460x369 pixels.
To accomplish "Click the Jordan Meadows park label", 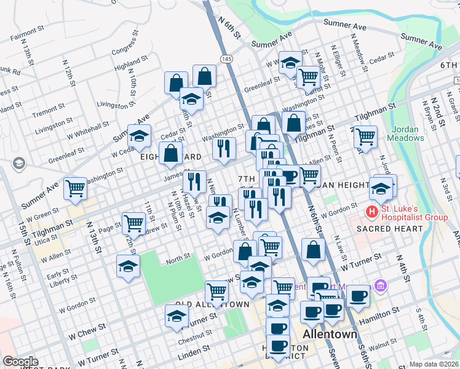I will coord(406,133).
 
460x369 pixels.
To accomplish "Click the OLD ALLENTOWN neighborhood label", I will coord(212,304).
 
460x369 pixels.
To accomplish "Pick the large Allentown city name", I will coord(331,334).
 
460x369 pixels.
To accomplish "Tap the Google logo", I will coord(20,362).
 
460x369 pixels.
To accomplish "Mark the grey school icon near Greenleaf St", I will coord(18,163).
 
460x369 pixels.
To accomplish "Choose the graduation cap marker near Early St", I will coord(128,266).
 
